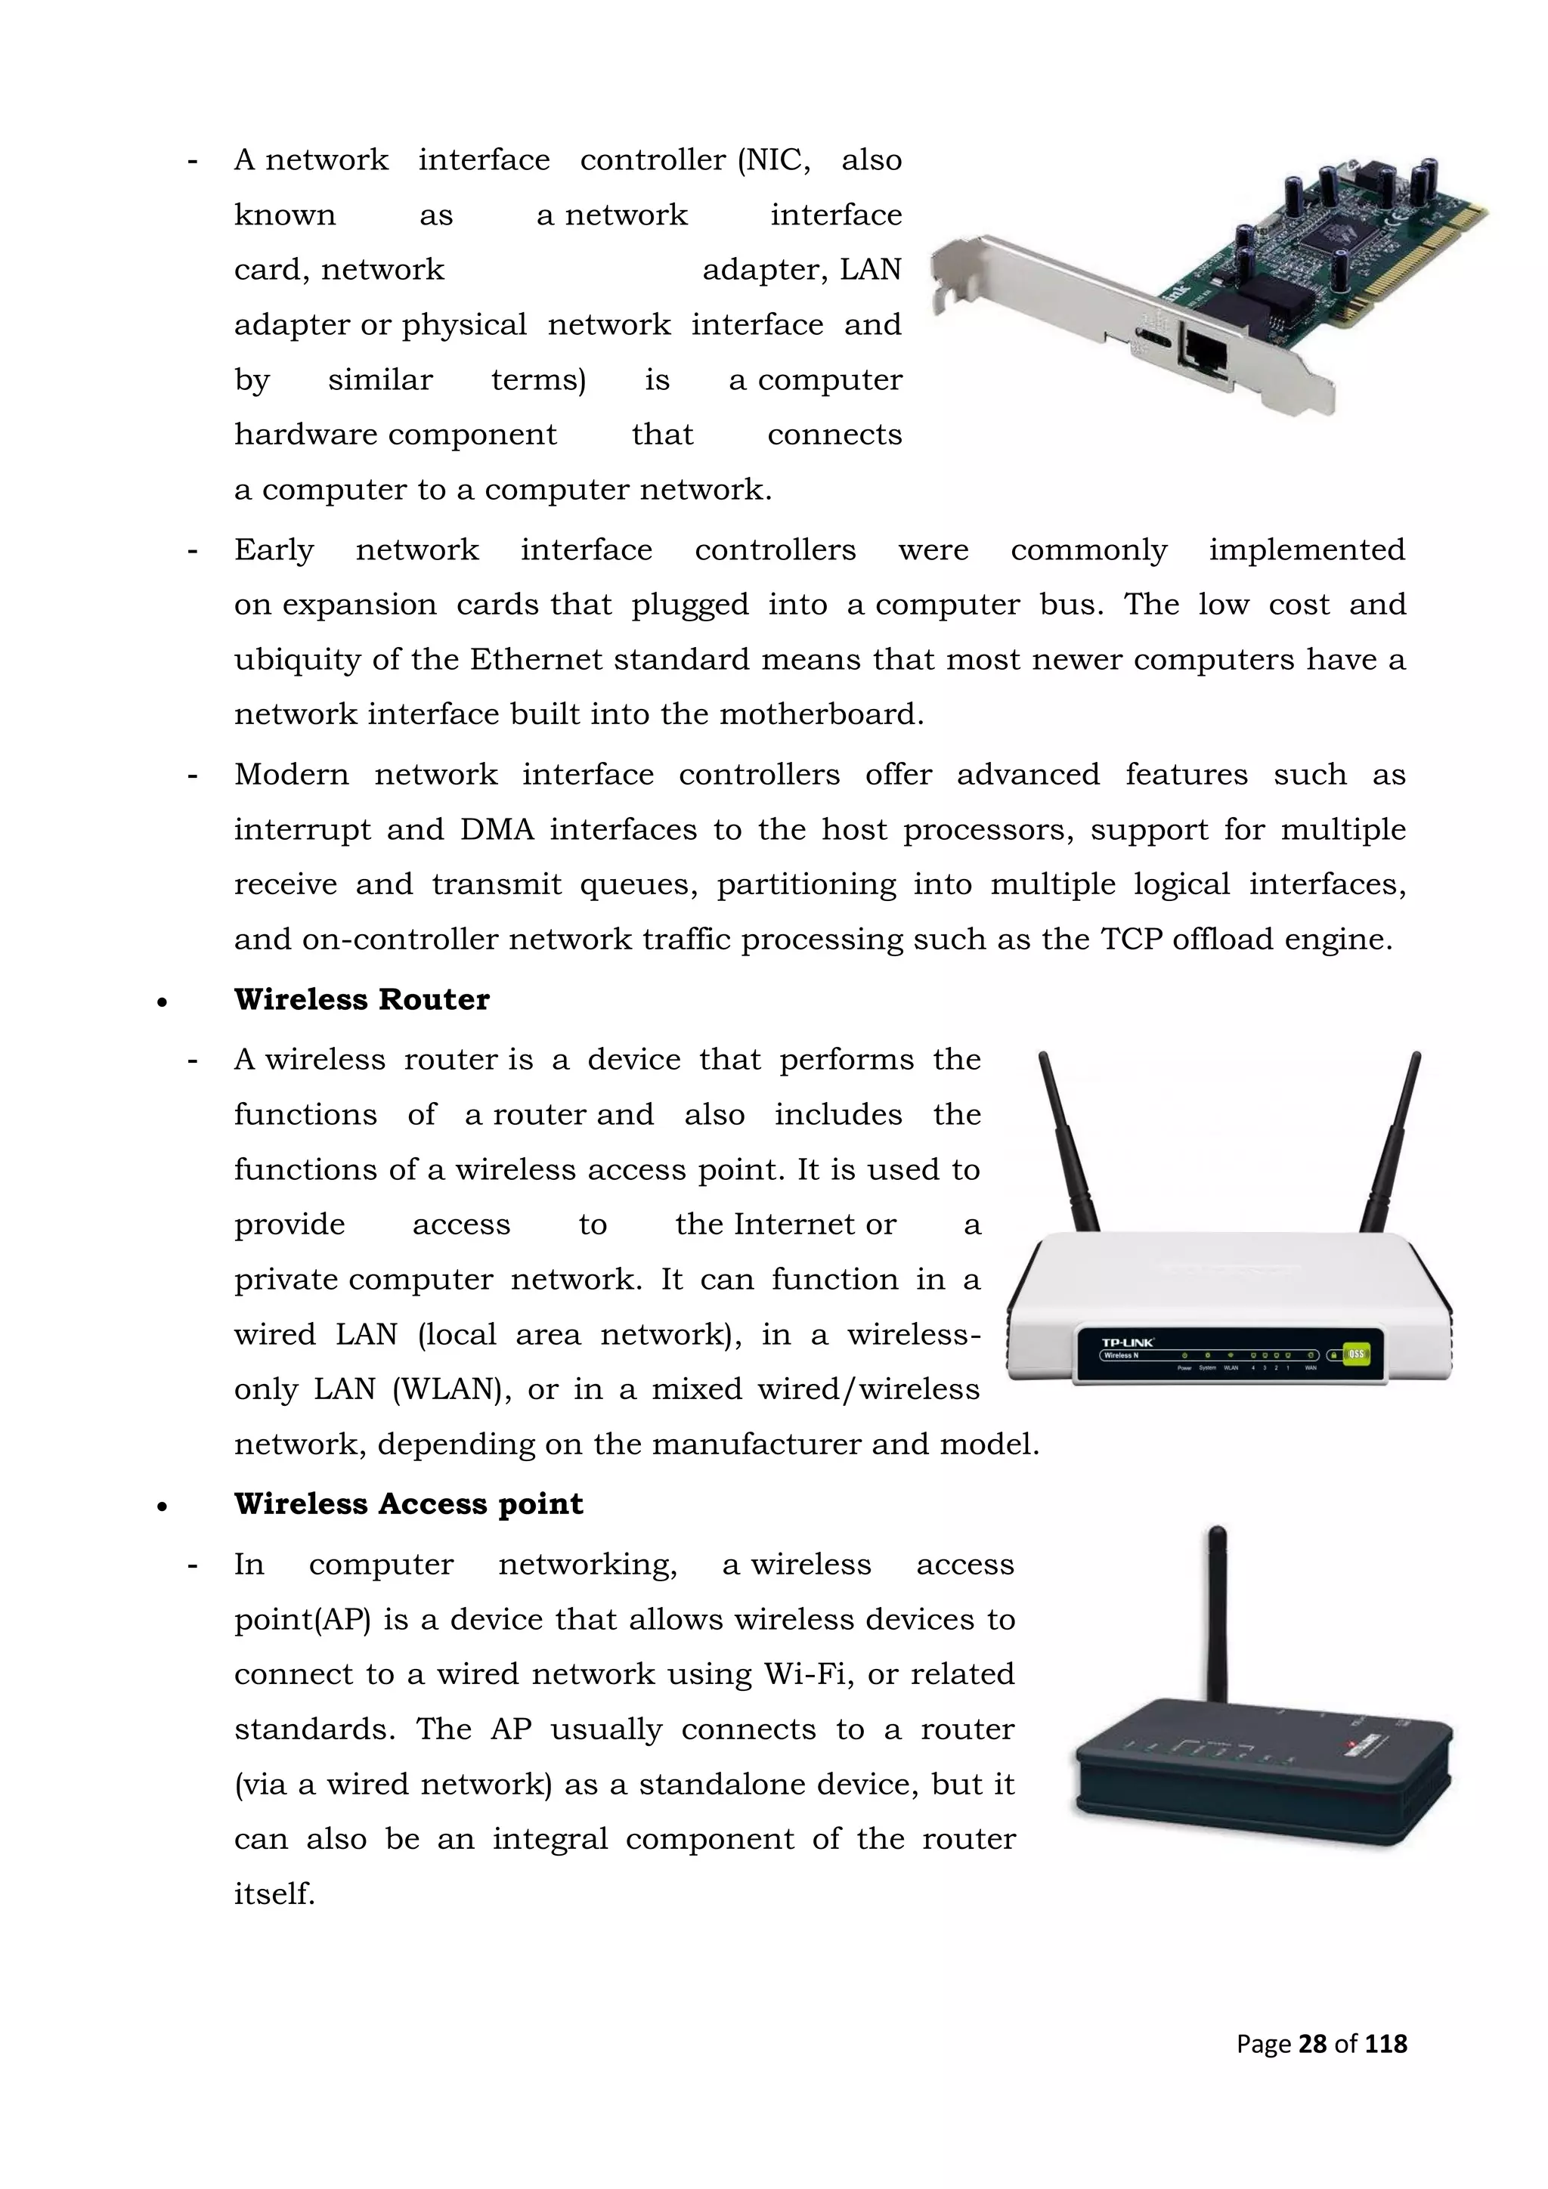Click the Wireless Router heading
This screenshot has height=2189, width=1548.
[x=361, y=999]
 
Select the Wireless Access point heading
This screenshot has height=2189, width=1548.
[x=408, y=1503]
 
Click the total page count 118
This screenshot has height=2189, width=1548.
[x=1385, y=2043]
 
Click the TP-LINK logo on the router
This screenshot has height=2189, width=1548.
[x=1128, y=1342]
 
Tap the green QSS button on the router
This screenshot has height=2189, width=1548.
[x=1354, y=1354]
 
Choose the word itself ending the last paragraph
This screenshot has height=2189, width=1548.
[x=274, y=1893]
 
